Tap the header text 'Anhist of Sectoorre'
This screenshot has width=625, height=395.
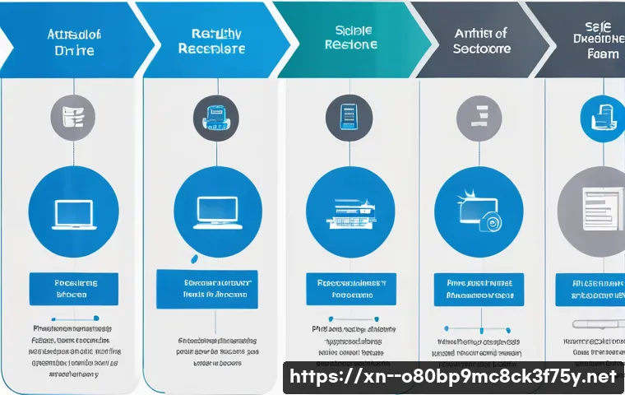point(480,41)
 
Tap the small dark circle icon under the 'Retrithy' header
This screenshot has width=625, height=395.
point(215,118)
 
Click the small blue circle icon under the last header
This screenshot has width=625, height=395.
point(602,116)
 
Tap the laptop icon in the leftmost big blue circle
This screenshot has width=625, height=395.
point(74,212)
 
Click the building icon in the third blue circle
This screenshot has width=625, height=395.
point(350,214)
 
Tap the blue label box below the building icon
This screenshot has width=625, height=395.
point(351,288)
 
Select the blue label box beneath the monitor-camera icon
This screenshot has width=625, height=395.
point(479,288)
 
